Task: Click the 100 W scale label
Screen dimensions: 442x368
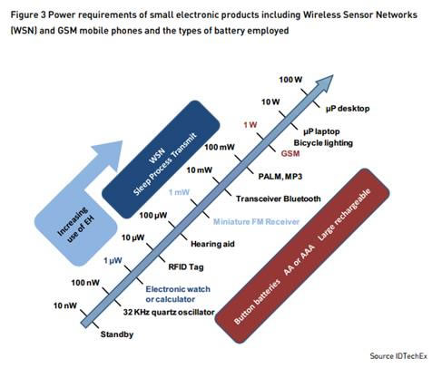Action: pos(290,80)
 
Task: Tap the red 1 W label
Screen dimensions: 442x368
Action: pos(250,125)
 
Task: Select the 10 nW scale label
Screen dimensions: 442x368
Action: pos(65,305)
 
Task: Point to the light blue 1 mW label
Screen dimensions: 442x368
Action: pos(179,192)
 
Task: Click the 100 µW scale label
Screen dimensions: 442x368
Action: pos(153,216)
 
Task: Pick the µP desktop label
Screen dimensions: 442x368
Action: pos(348,109)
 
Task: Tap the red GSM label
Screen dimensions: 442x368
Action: pos(290,153)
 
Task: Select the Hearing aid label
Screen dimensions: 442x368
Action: pos(212,244)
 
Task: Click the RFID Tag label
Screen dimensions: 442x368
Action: pos(186,266)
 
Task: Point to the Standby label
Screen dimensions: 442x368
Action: pos(117,334)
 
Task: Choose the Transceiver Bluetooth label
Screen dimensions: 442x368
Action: pos(279,199)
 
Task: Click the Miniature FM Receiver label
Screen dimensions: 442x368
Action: pos(256,222)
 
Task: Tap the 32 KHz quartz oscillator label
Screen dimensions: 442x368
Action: pos(169,312)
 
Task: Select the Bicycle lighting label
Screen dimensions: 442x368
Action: pos(323,142)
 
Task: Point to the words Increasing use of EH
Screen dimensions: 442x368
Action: pos(76,225)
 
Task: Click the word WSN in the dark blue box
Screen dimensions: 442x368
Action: pos(157,156)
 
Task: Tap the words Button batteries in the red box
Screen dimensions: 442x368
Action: pos(258,301)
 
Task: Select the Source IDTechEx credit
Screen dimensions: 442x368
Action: pos(398,356)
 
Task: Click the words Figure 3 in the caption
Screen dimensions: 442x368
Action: pos(28,15)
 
